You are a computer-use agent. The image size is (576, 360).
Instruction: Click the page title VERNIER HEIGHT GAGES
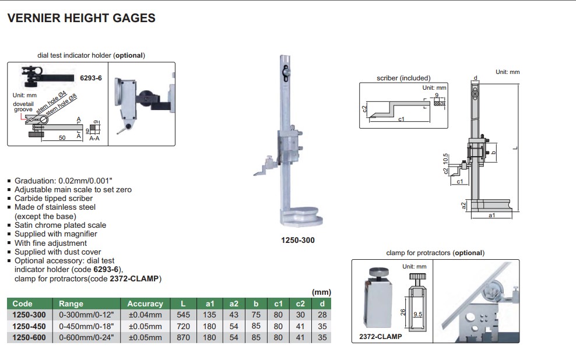pyautogui.click(x=81, y=18)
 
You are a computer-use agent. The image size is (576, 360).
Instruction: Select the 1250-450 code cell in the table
pyautogui.click(x=29, y=326)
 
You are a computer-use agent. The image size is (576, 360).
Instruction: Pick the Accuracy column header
pyautogui.click(x=145, y=303)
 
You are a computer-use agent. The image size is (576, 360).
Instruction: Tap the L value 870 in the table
pyautogui.click(x=183, y=337)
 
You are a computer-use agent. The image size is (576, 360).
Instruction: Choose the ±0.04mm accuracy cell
pyautogui.click(x=145, y=315)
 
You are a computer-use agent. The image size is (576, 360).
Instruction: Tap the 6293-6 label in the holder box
pyautogui.click(x=91, y=77)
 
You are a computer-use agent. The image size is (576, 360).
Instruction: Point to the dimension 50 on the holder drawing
pyautogui.click(x=61, y=138)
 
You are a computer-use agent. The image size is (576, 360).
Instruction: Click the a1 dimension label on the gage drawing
pyautogui.click(x=491, y=216)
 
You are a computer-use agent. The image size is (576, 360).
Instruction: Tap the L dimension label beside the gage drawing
pyautogui.click(x=514, y=149)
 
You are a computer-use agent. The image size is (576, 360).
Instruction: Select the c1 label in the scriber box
pyautogui.click(x=402, y=119)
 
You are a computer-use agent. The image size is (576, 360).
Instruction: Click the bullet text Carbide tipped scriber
pyautogui.click(x=54, y=198)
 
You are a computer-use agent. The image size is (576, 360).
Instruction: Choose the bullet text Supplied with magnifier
pyautogui.click(x=56, y=234)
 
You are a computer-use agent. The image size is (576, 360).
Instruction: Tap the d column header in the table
pyautogui.click(x=322, y=303)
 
